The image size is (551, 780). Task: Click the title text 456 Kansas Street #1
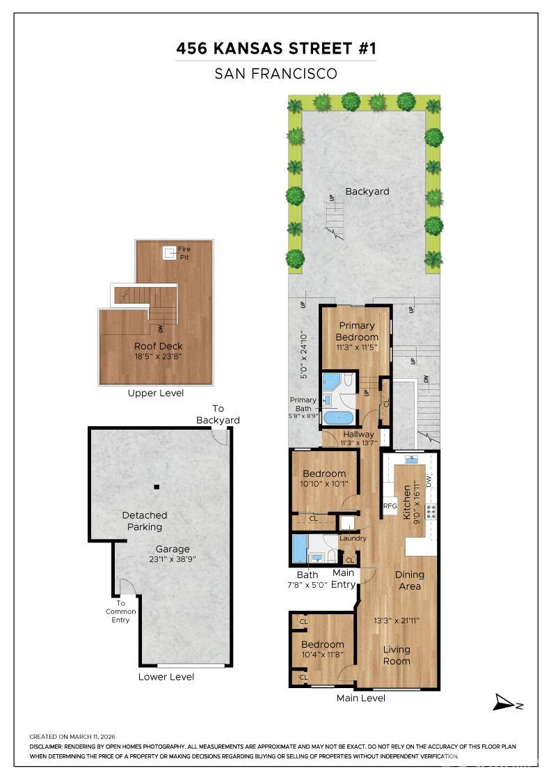[x=275, y=49]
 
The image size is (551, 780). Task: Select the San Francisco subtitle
[x=275, y=73]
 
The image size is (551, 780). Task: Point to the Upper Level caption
[x=156, y=393]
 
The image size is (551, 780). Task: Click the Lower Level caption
[x=166, y=677]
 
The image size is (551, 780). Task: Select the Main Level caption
[x=360, y=698]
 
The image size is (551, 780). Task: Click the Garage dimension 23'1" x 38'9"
[x=173, y=559]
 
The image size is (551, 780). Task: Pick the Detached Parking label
[x=145, y=521]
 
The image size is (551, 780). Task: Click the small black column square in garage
[x=157, y=487]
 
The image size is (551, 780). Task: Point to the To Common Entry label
[x=121, y=611]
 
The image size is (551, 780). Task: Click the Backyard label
[x=367, y=192]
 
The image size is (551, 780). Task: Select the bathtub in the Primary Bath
[x=338, y=418]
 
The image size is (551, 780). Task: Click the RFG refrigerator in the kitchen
[x=390, y=506]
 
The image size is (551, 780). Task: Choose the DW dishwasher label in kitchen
[x=429, y=481]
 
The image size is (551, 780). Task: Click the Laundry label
[x=353, y=538]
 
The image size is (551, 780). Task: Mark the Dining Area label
[x=409, y=580]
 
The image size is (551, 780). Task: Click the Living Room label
[x=397, y=655]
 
